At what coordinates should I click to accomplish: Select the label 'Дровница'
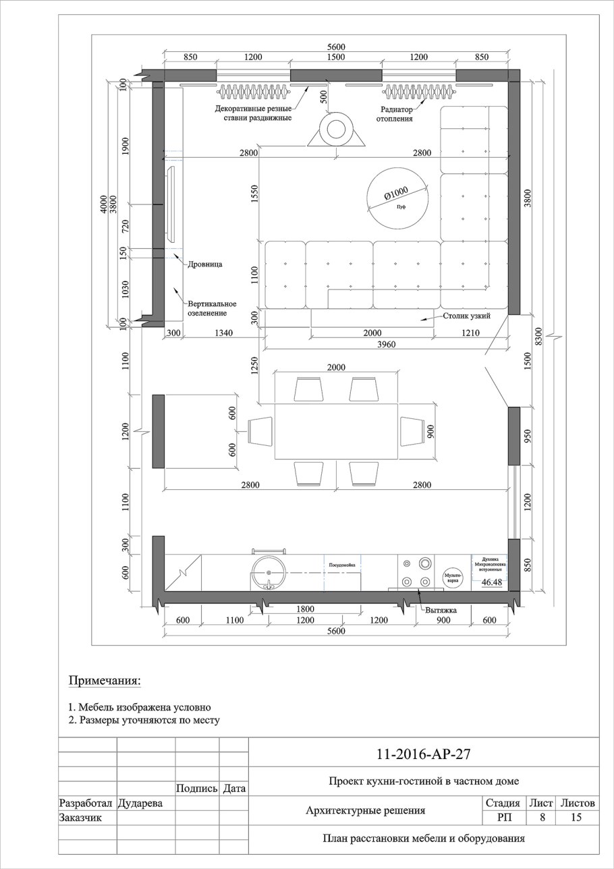point(205,264)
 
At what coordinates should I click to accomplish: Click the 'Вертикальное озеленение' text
point(212,308)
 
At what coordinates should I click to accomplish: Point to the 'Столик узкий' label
point(466,316)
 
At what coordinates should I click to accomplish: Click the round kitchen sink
point(269,573)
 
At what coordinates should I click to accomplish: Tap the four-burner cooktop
point(416,571)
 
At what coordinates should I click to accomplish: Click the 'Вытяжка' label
point(441,610)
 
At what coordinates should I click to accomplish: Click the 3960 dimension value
point(386,345)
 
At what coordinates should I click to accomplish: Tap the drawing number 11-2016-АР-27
point(424,754)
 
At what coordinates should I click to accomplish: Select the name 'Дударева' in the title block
point(140,804)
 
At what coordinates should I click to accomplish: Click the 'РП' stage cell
point(502,818)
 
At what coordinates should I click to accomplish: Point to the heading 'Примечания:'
point(105,680)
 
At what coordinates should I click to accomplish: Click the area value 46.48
point(492,582)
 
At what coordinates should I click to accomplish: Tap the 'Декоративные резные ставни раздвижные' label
point(253,113)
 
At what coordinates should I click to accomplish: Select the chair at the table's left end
point(260,430)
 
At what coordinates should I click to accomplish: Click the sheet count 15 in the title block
point(577,818)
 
